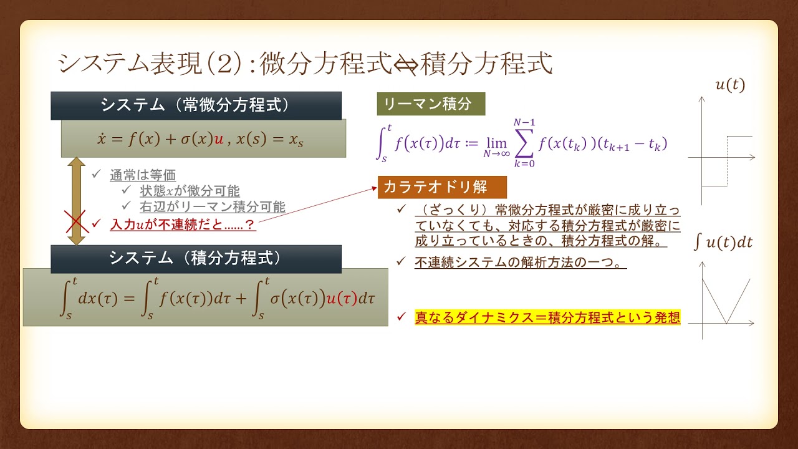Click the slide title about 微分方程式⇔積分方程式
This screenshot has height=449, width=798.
tap(305, 64)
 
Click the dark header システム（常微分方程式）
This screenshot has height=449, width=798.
tap(196, 105)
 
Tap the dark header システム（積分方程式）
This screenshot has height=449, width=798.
tap(196, 258)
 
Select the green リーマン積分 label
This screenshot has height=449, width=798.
tap(430, 104)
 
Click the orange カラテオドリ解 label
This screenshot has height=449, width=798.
tap(441, 186)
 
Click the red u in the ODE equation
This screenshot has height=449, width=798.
tap(219, 139)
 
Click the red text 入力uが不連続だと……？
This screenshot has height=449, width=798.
tap(182, 224)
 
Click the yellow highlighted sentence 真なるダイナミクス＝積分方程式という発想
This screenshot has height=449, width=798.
tap(547, 317)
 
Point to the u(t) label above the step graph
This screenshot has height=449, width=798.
tap(729, 85)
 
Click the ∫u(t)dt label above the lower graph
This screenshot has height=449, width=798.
tap(723, 243)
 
